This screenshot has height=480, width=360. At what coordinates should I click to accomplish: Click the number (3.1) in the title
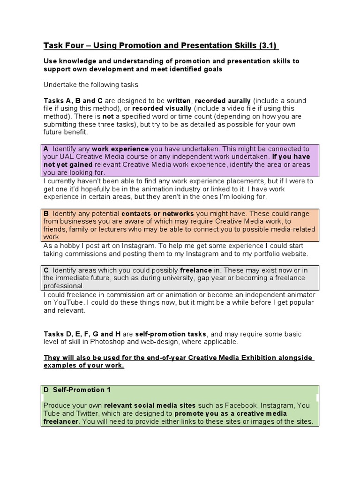coord(268,45)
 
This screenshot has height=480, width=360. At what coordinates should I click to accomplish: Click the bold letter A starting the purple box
coord(46,149)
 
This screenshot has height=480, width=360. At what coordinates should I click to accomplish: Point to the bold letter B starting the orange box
coord(46,213)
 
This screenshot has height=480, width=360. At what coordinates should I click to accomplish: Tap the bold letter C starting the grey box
coord(46,270)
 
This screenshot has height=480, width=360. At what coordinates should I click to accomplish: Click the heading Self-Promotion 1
coord(82,390)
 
